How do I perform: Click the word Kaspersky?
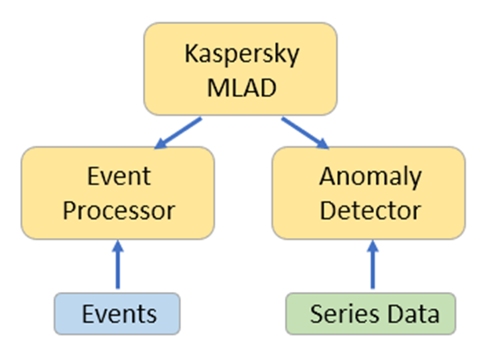[242, 55]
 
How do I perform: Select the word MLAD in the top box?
[242, 87]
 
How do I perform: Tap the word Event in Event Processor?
[119, 176]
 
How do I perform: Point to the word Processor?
[119, 211]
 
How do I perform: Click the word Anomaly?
[370, 177]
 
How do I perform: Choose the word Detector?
[370, 210]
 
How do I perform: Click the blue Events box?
[117, 313]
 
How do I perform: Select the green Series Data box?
[370, 313]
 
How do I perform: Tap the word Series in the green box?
[345, 314]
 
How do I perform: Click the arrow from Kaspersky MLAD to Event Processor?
[178, 133]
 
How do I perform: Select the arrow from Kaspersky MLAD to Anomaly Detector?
[305, 133]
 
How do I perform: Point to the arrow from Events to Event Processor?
[117, 265]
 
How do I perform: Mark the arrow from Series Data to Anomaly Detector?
[373, 265]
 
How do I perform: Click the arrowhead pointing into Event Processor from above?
[161, 143]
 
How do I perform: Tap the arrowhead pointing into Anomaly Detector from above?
[323, 143]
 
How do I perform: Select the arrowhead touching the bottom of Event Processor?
[117, 246]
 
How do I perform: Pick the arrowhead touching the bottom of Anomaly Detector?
[373, 246]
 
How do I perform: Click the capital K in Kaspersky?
[191, 54]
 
